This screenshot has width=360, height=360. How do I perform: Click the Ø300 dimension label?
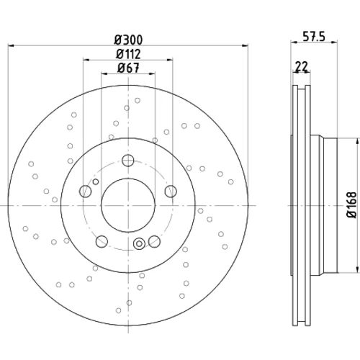pos(128,40)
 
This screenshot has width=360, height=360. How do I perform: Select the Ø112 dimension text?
pos(128,54)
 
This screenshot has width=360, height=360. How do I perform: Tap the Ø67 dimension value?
pos(128,68)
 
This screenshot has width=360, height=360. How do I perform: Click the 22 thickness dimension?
pos(302,66)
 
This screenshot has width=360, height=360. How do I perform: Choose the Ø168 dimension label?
pos(352,204)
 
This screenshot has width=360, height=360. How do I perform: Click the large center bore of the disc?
pos(128,205)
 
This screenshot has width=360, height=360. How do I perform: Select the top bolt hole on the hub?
pos(128,161)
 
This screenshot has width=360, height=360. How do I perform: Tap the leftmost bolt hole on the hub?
pos(85,192)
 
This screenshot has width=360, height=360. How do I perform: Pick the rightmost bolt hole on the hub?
pos(171,192)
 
